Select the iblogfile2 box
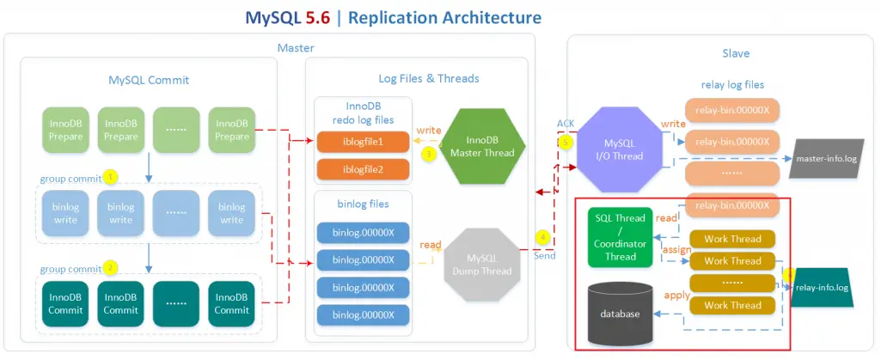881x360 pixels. [363, 169]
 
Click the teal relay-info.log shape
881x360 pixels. [822, 288]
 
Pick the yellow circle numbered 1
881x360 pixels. [110, 176]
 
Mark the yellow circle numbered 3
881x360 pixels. [429, 154]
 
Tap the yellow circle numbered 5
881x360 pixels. [565, 142]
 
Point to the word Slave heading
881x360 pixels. [737, 53]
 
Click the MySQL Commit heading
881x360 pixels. [149, 80]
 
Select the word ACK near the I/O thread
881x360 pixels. [565, 124]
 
